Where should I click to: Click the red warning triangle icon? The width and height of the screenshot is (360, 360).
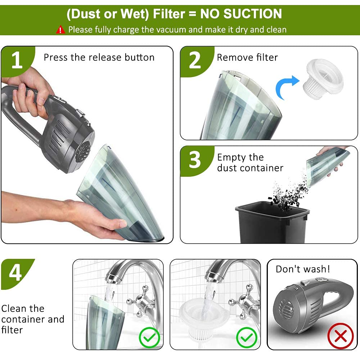point(60,30)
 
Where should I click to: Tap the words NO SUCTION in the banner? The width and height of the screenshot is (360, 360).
point(241,14)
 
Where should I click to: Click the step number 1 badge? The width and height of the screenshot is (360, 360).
point(17,60)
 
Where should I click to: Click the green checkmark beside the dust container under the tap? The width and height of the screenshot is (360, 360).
point(149,338)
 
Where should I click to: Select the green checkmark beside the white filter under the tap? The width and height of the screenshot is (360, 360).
point(247,338)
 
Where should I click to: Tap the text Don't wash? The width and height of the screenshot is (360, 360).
point(303,269)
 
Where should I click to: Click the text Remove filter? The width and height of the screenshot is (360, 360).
point(247,57)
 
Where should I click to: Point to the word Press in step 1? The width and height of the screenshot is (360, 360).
point(56,57)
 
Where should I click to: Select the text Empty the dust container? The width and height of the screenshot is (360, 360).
point(250,163)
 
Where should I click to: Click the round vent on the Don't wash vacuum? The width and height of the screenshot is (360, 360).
point(286,308)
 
